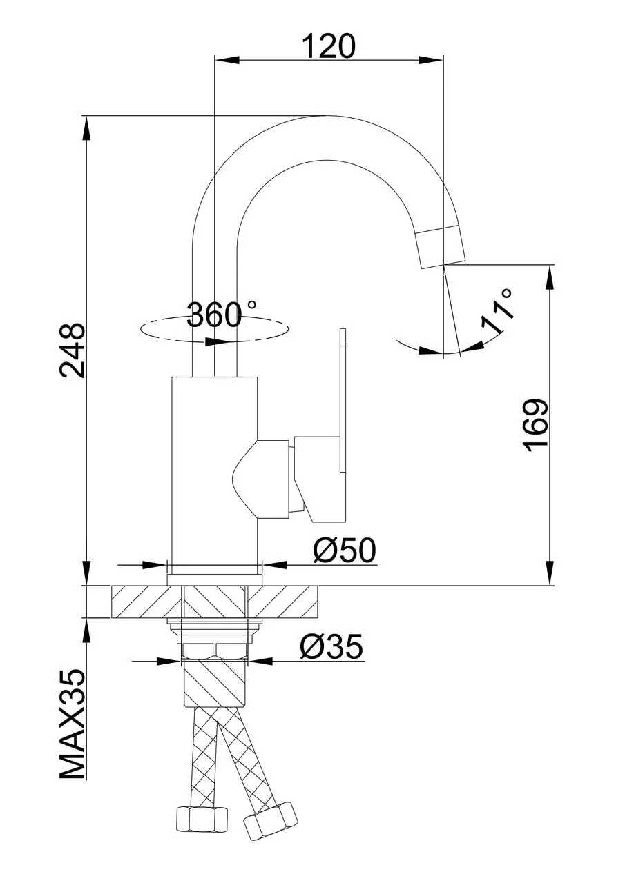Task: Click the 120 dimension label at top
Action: click(329, 46)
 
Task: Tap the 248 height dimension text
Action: click(72, 350)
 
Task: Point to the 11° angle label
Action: click(497, 310)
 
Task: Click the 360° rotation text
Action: click(222, 315)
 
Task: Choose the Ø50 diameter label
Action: click(345, 550)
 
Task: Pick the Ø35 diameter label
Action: click(331, 646)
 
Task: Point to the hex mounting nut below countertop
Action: click(215, 651)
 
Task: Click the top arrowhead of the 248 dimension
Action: click(86, 128)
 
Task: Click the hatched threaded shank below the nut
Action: click(215, 683)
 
